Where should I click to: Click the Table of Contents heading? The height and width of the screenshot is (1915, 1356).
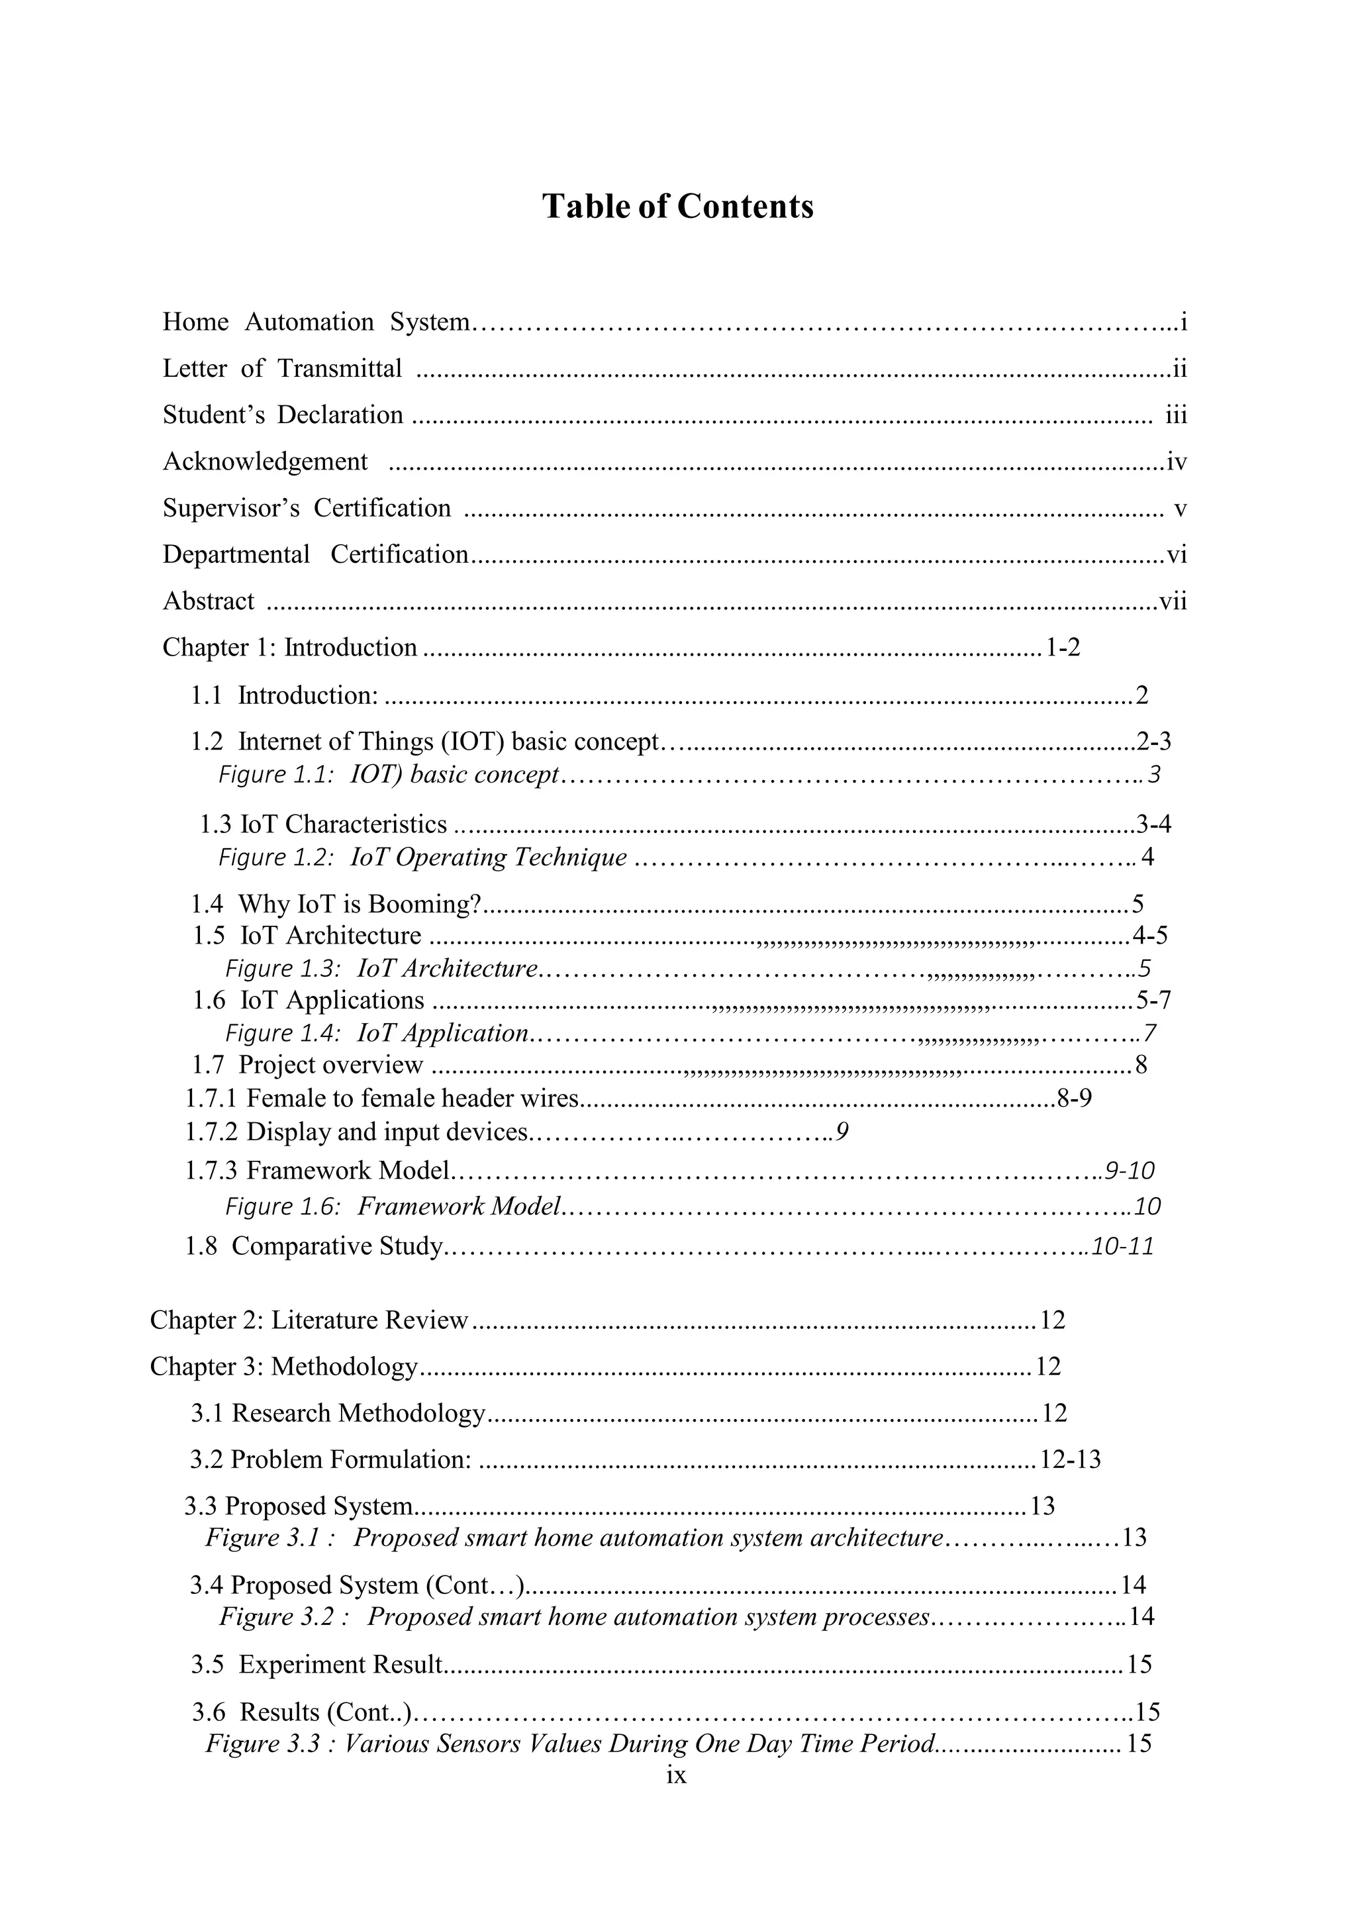677,207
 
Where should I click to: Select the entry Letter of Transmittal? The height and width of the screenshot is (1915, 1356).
282,368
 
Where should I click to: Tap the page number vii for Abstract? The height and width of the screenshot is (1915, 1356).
1173,601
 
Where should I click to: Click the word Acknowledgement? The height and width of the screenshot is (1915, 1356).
265,462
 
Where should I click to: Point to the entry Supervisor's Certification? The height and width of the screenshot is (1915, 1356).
307,508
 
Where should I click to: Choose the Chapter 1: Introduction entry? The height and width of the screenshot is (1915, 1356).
290,647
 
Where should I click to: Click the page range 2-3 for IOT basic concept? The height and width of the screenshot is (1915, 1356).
1154,741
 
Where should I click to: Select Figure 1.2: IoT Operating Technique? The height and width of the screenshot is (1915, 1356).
422,858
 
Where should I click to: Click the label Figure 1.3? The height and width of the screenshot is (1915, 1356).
282,969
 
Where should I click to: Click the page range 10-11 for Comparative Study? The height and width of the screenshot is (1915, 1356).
1122,1246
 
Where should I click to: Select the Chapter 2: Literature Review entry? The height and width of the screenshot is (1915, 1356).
309,1320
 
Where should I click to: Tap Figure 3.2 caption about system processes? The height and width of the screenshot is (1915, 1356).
575,1617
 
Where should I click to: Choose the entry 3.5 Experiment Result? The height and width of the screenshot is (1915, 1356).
317,1665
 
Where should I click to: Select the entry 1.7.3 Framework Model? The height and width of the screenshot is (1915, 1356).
317,1171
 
